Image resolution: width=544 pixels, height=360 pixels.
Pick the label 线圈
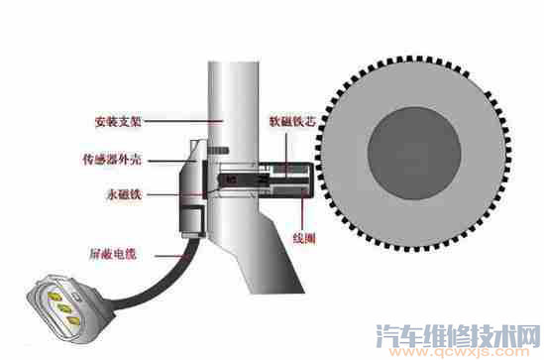(x=305, y=238)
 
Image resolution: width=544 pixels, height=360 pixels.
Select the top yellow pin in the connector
(x=43, y=295)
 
